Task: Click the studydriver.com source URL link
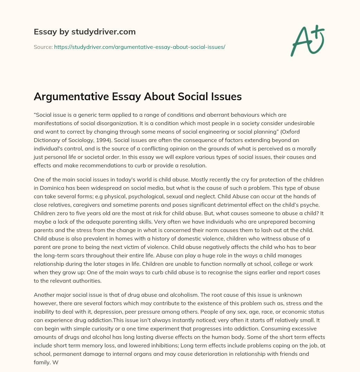point(140,47)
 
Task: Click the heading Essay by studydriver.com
point(84,32)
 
